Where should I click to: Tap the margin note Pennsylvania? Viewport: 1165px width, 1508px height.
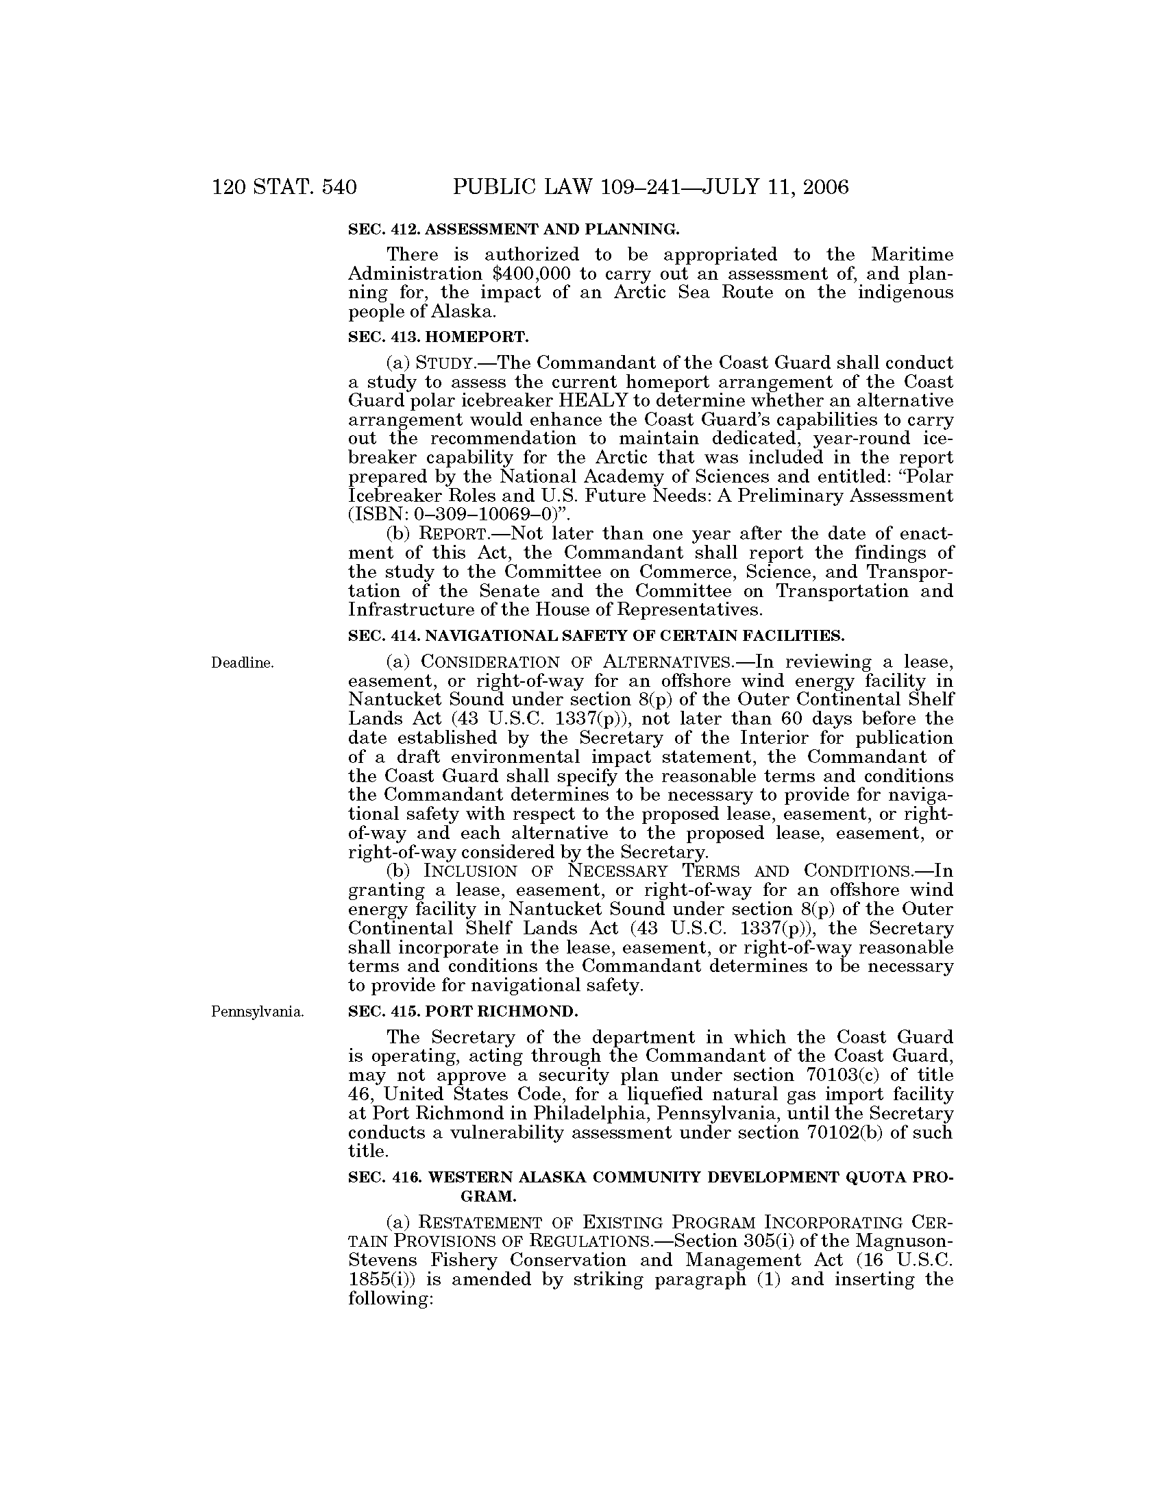click(257, 1012)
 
